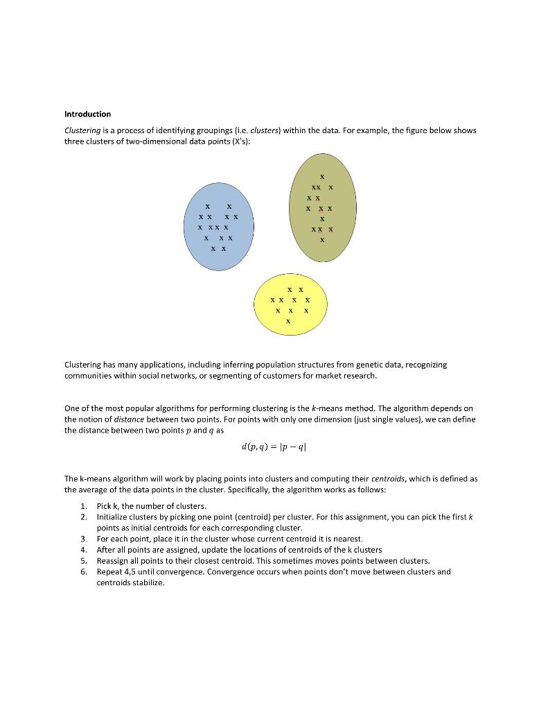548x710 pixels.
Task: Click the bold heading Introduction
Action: [x=87, y=114]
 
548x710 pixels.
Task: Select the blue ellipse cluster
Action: [x=218, y=227]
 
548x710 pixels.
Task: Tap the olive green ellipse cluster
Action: [x=322, y=207]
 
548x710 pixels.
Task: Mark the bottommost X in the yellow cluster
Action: [x=288, y=322]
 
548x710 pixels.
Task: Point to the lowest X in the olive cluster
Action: [x=322, y=240]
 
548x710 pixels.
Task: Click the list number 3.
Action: [x=82, y=539]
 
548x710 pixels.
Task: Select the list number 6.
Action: [x=82, y=572]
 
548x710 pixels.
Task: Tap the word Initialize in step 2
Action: [x=112, y=517]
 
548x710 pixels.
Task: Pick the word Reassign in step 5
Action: [x=113, y=561]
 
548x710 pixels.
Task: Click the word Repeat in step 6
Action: [x=109, y=572]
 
